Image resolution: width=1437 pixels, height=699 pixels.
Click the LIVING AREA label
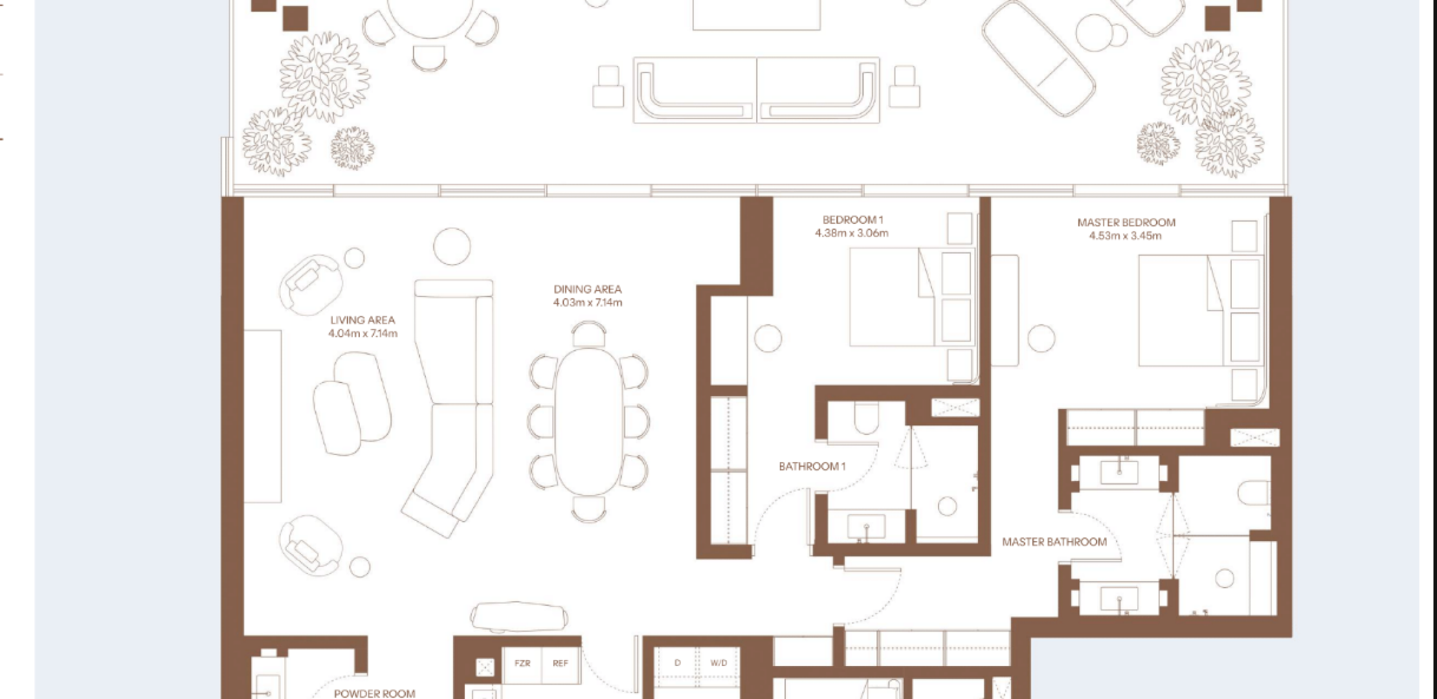362,320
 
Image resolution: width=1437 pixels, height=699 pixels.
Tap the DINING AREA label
587,289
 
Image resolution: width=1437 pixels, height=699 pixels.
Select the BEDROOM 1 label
852,220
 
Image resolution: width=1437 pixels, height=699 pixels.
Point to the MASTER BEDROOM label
1126,223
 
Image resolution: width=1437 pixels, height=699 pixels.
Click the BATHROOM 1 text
812,466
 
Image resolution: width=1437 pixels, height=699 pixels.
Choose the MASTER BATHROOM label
1054,542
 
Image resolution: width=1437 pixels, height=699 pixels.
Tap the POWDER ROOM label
374,693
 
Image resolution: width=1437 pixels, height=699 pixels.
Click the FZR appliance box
522,664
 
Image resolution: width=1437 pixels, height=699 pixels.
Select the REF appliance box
561,664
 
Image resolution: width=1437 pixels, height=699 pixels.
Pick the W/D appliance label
718,663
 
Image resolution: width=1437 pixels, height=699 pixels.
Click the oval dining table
588,422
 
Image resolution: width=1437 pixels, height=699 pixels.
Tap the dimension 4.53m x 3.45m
1125,236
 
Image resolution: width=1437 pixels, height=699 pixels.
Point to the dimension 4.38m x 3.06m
851,233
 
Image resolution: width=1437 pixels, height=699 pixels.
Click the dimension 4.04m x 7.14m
362,333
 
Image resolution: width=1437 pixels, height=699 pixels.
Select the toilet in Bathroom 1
866,418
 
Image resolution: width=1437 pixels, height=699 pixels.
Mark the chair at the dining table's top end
589,334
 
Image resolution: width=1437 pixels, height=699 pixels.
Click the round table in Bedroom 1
768,338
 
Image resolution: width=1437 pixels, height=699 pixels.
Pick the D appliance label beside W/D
678,663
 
